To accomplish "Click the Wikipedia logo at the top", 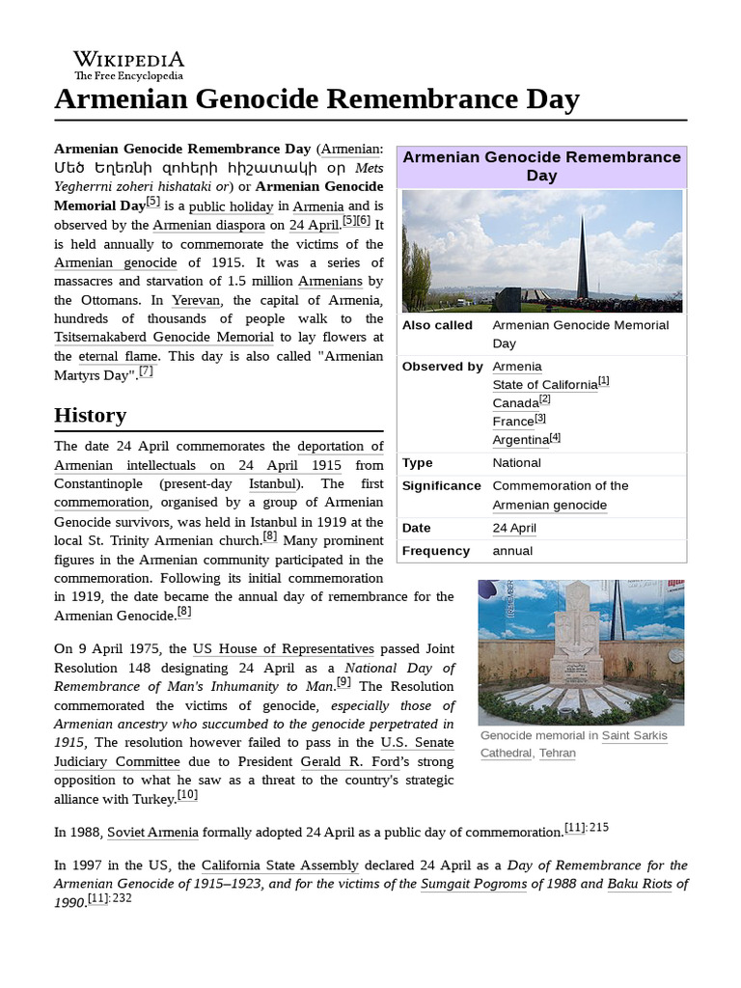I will (128, 65).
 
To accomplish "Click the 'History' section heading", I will (90, 416).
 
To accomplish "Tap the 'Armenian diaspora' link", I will (208, 225).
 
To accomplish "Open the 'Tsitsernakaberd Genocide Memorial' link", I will (164, 337).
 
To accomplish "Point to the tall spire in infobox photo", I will (582, 255).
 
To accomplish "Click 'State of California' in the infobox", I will (544, 385).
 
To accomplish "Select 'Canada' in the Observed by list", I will (515, 403).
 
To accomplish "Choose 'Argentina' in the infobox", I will (520, 440).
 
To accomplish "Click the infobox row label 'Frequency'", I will (435, 551).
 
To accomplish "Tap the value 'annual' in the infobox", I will (512, 551).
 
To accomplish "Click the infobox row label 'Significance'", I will (441, 486).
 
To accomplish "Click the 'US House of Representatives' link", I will (283, 649).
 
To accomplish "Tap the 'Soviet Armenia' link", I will (152, 833).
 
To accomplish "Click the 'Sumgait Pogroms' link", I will (473, 884).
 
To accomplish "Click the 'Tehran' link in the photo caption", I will (557, 754).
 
